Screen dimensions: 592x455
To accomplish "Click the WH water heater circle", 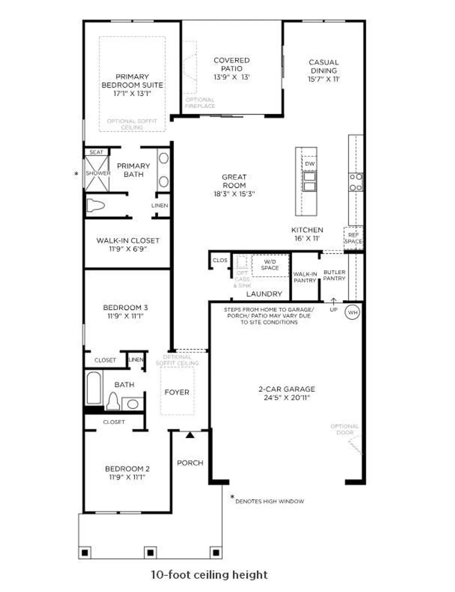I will pos(352,312).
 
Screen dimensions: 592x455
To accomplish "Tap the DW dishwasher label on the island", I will pos(310,163).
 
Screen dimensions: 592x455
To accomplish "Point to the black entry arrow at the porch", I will pos(190,435).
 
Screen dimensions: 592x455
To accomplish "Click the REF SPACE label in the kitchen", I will pos(353,238).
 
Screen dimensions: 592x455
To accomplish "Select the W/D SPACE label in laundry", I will pos(270,265).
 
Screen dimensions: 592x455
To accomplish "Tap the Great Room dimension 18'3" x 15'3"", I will pos(234,194).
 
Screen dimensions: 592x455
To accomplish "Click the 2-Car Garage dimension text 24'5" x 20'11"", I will pos(287,397).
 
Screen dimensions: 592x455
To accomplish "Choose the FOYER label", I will pos(177,392).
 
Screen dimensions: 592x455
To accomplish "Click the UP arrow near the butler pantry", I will pos(333,302).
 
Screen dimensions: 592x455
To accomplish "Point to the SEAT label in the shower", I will pos(96,152).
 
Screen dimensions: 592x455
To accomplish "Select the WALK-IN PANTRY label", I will pos(305,277).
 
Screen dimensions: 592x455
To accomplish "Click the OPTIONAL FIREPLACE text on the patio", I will pos(200,103).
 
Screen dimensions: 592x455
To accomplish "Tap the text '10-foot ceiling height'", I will pos(209,575).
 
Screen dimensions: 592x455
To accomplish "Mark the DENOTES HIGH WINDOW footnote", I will pos(270,501).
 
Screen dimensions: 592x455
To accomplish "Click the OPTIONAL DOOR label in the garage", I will pos(345,429).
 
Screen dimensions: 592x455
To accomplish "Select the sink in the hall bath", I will pos(133,404).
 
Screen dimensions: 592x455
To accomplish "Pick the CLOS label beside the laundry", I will pos(220,260).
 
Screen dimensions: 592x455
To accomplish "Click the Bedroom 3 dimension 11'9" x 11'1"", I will pos(125,316).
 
